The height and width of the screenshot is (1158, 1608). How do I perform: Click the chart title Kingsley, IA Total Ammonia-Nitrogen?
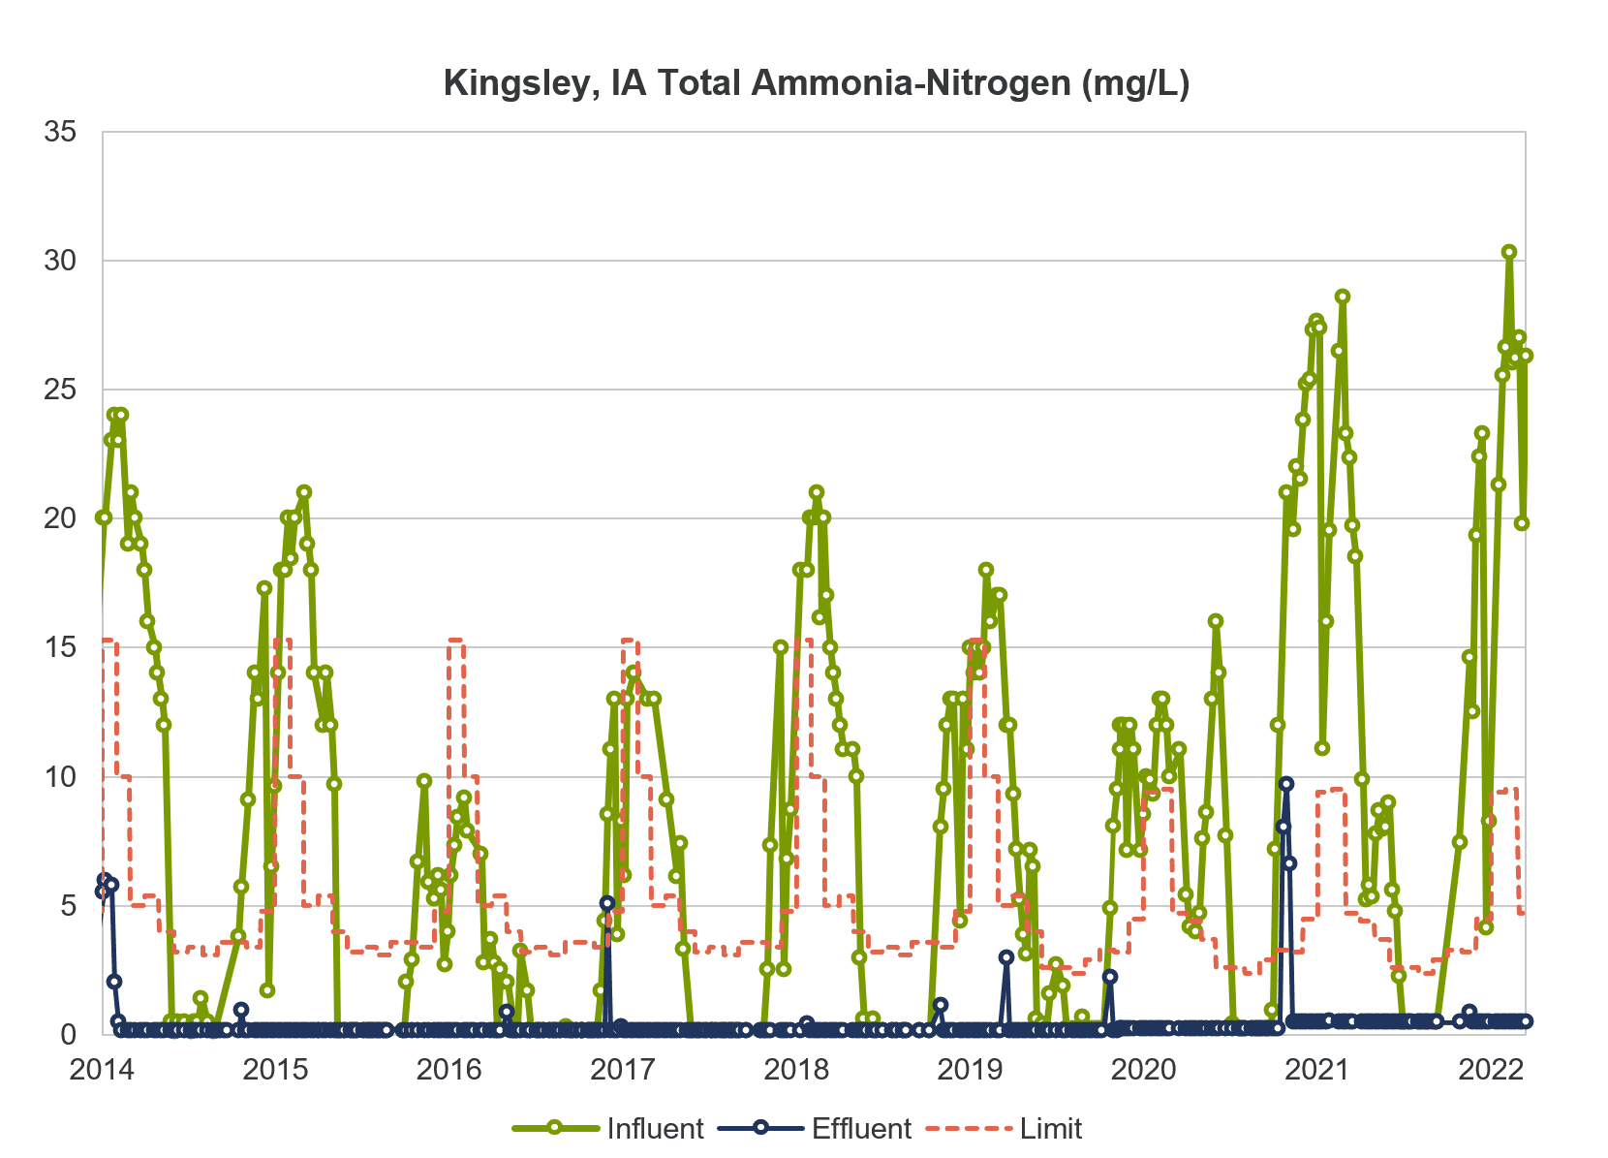pyautogui.click(x=817, y=83)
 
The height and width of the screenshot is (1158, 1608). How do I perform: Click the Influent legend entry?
pyautogui.click(x=608, y=1128)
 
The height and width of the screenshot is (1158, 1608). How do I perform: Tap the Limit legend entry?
pyautogui.click(x=1004, y=1128)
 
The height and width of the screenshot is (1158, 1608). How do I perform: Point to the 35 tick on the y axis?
pyautogui.click(x=60, y=132)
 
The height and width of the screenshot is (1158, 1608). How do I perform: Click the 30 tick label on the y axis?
pyautogui.click(x=60, y=261)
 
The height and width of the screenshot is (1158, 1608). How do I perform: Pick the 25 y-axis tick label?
pyautogui.click(x=60, y=390)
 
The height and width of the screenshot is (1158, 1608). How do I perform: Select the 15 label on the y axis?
pyautogui.click(x=60, y=647)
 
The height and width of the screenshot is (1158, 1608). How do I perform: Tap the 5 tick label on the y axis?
pyautogui.click(x=68, y=905)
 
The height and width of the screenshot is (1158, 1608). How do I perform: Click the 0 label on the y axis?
pyautogui.click(x=68, y=1035)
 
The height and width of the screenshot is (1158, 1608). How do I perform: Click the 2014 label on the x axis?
pyautogui.click(x=102, y=1070)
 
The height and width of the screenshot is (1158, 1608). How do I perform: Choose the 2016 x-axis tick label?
pyautogui.click(x=449, y=1070)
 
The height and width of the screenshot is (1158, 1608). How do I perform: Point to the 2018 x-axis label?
pyautogui.click(x=797, y=1070)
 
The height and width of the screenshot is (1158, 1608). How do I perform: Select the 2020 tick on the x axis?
pyautogui.click(x=1144, y=1070)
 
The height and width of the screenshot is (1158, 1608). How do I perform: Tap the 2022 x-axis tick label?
pyautogui.click(x=1491, y=1070)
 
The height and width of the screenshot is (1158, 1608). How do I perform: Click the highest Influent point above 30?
pyautogui.click(x=1509, y=252)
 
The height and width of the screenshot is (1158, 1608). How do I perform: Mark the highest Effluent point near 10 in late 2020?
pyautogui.click(x=1286, y=784)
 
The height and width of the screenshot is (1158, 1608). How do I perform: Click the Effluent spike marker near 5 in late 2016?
pyautogui.click(x=608, y=903)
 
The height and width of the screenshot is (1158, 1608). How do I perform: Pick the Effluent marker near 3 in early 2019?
pyautogui.click(x=1006, y=957)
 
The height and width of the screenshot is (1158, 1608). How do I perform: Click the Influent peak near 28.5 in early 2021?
pyautogui.click(x=1343, y=297)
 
